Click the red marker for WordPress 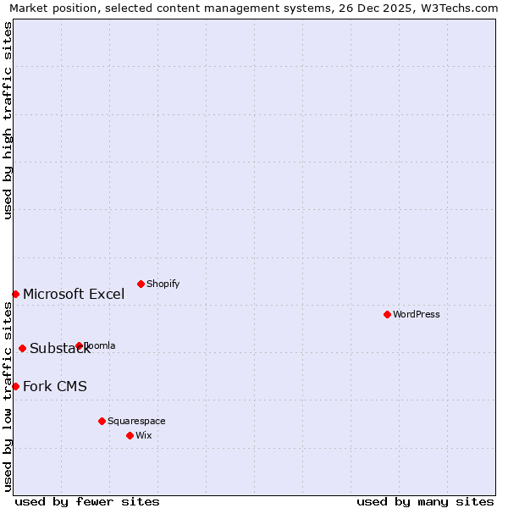(x=387, y=314)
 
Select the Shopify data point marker (x=141, y=284)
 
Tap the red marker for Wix (x=130, y=435)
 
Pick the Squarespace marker (x=102, y=421)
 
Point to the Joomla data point (x=79, y=345)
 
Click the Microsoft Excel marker (x=15, y=294)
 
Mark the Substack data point (x=22, y=348)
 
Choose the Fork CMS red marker (x=15, y=386)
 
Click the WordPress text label (x=417, y=314)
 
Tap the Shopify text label (x=163, y=284)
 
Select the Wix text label (x=144, y=435)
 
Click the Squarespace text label (x=136, y=421)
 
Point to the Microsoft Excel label (x=74, y=295)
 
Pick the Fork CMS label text (x=55, y=387)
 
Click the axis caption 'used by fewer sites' (x=87, y=501)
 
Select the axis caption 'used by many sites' (x=425, y=501)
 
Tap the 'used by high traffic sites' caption (x=8, y=120)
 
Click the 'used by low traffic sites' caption (x=8, y=396)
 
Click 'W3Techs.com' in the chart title (x=462, y=8)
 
